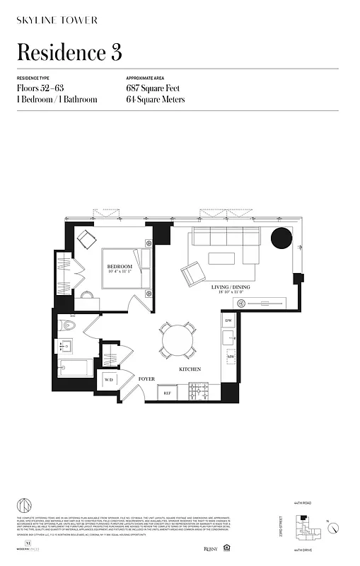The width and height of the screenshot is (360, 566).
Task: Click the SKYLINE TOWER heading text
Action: [57, 21]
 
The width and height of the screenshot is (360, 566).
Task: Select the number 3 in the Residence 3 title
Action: [115, 52]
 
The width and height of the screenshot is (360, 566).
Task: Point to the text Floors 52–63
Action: [44, 88]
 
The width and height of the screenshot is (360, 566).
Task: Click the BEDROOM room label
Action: [120, 267]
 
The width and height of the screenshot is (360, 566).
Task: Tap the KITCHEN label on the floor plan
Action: [189, 369]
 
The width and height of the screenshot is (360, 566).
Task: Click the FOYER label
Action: [146, 379]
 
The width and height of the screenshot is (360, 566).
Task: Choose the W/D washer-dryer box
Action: [109, 380]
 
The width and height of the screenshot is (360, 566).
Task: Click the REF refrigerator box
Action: [168, 393]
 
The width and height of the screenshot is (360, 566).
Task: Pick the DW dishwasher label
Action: [228, 322]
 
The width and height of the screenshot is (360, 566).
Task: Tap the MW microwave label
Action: [231, 357]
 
